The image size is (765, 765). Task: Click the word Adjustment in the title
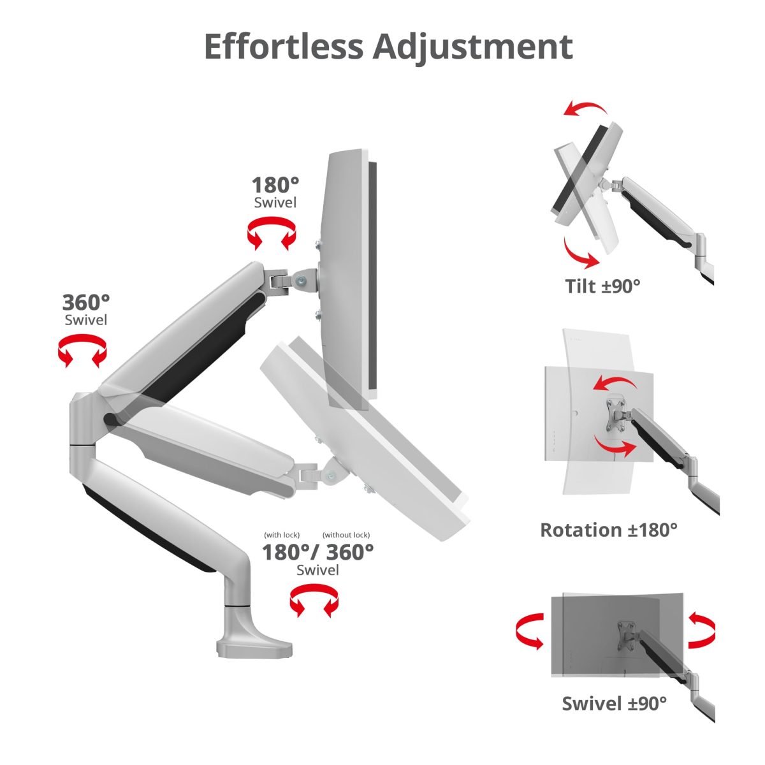click(472, 48)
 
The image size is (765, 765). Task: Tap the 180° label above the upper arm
click(275, 185)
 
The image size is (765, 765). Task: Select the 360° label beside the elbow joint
click(86, 303)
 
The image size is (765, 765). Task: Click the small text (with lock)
click(282, 535)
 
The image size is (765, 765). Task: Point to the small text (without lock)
click(346, 535)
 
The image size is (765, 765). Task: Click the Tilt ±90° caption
click(602, 286)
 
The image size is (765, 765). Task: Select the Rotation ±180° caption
click(609, 530)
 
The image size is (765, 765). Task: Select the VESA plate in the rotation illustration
click(615, 415)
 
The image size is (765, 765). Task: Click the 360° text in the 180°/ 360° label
click(350, 552)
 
